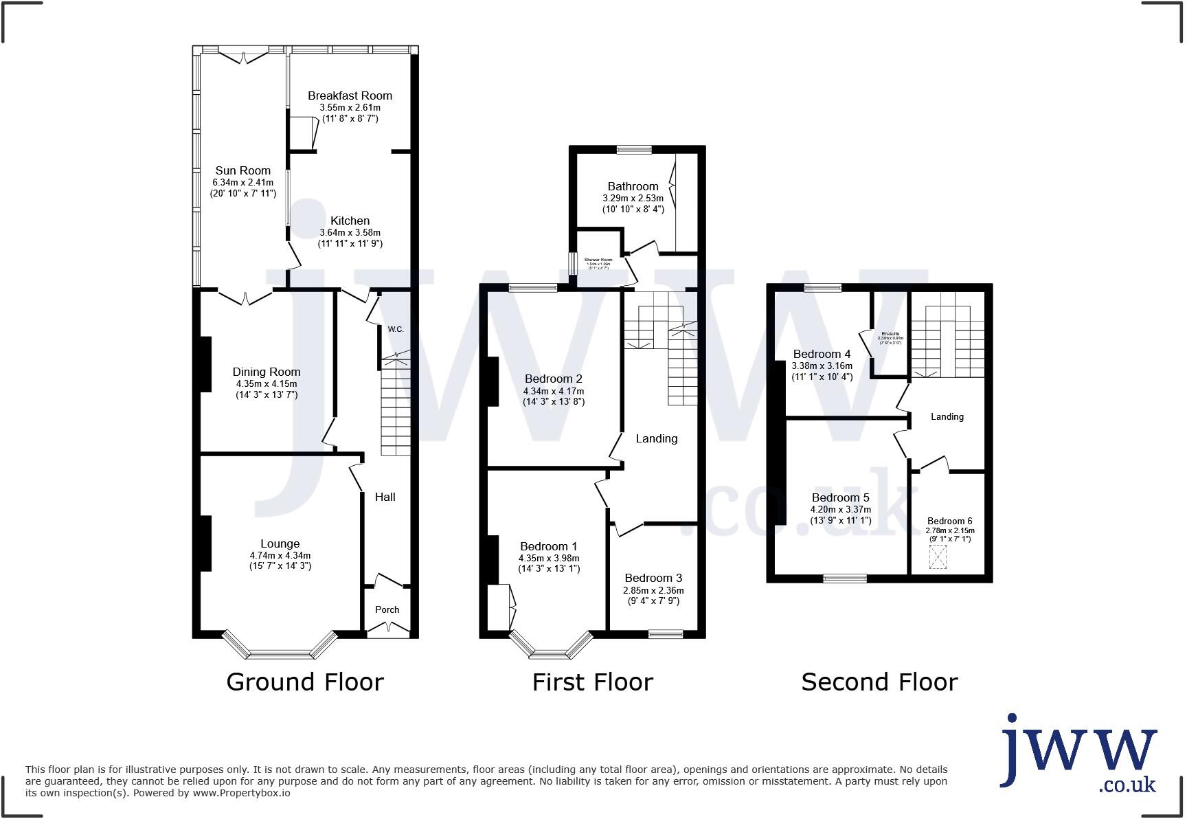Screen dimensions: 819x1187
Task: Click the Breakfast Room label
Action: pyautogui.click(x=350, y=96)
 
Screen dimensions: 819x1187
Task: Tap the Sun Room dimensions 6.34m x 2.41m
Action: pyautogui.click(x=242, y=183)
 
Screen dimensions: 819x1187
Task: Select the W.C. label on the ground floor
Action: pyautogui.click(x=395, y=329)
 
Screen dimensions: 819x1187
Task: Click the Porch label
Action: pyautogui.click(x=387, y=609)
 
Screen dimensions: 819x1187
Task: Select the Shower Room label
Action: pyautogui.click(x=598, y=260)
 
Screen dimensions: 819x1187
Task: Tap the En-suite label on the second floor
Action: pyautogui.click(x=890, y=334)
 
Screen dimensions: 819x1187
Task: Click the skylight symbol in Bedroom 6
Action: pyautogui.click(x=937, y=557)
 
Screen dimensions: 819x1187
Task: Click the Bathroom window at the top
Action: pyautogui.click(x=633, y=149)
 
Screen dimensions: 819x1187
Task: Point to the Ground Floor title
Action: pyautogui.click(x=304, y=682)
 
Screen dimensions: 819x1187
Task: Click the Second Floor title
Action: pyautogui.click(x=879, y=682)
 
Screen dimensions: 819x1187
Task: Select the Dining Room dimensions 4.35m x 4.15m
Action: pyautogui.click(x=267, y=384)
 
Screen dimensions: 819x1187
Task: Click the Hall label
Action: pyautogui.click(x=385, y=497)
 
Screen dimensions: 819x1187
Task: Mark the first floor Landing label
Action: pyautogui.click(x=656, y=438)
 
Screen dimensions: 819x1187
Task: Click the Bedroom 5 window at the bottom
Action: pyautogui.click(x=844, y=579)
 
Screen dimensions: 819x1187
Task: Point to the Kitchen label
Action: pyautogui.click(x=350, y=221)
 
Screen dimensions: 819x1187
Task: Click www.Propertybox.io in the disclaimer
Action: pyautogui.click(x=240, y=793)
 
